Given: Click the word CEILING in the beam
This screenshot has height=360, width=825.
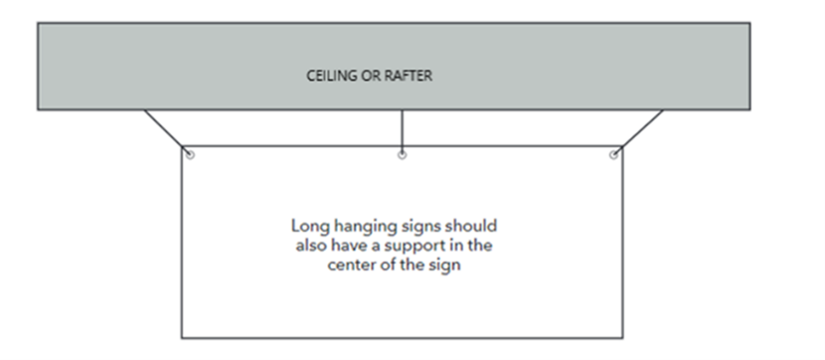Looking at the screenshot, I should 328,74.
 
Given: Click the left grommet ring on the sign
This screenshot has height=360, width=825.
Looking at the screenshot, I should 189,154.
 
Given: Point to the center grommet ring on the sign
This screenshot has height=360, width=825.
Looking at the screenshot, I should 402,154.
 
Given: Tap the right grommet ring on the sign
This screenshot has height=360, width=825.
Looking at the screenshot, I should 614,154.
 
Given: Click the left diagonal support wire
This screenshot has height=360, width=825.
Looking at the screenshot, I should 166,130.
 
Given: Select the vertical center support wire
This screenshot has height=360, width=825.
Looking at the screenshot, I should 402,129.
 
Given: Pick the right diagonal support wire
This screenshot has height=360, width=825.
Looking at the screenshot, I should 639,130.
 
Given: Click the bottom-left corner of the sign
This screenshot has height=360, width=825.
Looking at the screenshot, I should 182,337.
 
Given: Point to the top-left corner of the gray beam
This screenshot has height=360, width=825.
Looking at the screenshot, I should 38,23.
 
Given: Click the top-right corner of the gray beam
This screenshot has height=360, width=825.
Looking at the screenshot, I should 748,23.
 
